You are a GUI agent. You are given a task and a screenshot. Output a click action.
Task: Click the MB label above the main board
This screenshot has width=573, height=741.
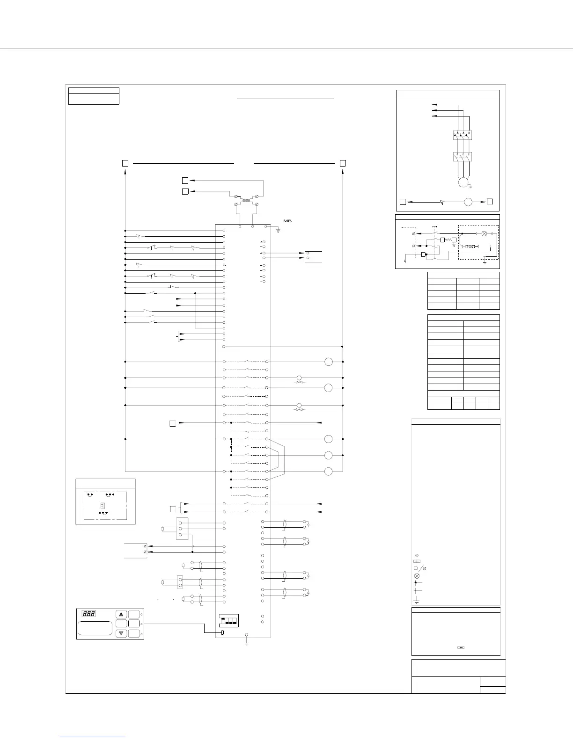287,221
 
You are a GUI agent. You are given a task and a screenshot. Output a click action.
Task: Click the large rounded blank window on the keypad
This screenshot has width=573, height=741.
95,628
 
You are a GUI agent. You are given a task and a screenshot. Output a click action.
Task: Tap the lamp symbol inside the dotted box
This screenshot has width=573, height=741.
485,233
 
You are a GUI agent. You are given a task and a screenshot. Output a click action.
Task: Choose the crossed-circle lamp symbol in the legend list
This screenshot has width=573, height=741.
417,576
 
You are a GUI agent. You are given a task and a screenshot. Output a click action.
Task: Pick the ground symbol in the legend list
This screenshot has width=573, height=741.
416,601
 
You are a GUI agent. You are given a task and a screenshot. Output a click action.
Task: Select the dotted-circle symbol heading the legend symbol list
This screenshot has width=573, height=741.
417,555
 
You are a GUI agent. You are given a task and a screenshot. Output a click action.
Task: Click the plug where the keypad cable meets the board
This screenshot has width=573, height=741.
222,633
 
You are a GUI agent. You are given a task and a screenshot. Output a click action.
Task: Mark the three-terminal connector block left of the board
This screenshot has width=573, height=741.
182,529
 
